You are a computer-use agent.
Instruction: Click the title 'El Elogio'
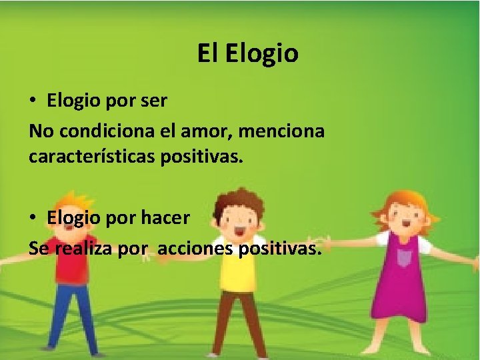[x=247, y=53]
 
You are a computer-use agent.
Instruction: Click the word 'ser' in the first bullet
[x=154, y=101]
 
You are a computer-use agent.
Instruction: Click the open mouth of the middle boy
[x=238, y=231]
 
